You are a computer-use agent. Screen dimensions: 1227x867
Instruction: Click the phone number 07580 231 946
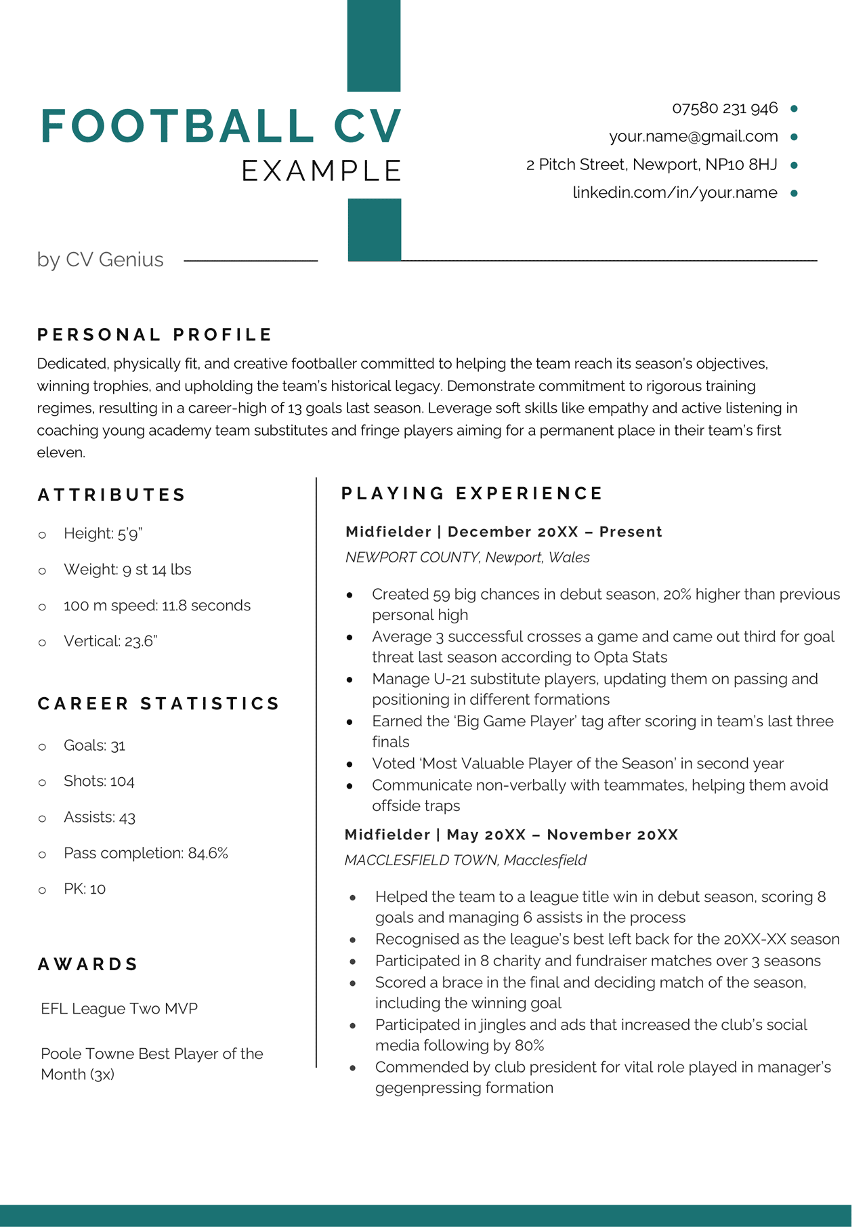coord(725,108)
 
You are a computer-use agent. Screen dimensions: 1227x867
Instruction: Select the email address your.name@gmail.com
coord(693,136)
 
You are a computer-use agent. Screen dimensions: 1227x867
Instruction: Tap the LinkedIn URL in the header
coord(675,192)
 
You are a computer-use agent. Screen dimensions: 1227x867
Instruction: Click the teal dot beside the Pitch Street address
coord(794,165)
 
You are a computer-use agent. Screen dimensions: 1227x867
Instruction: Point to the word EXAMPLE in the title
coord(322,171)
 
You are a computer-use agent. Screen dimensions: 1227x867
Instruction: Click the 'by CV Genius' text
coord(100,259)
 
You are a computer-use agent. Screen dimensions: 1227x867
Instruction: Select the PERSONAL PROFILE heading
coord(154,335)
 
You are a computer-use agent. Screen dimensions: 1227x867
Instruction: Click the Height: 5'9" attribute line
coord(103,534)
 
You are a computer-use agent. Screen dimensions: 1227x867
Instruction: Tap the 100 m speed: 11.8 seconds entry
coord(156,606)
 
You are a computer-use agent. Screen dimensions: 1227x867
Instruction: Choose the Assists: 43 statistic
coord(100,818)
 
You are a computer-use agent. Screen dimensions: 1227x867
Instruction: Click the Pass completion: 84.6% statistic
coord(146,853)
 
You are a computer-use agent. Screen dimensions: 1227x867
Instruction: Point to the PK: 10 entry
coord(85,889)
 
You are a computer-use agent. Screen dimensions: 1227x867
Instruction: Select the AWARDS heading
coord(88,964)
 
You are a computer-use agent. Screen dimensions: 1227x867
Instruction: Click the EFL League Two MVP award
coord(119,1009)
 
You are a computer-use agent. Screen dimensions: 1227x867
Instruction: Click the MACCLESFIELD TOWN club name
coord(421,860)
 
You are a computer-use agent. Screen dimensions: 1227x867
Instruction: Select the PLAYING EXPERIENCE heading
coord(472,493)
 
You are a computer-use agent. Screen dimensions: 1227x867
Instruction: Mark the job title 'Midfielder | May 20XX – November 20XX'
coord(511,835)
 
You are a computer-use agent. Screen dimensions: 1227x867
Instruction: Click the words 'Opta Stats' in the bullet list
coord(630,657)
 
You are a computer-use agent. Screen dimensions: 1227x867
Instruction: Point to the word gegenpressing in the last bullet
coord(421,1088)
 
